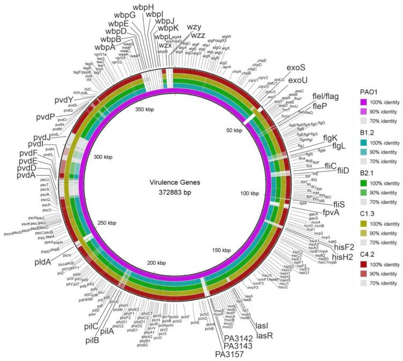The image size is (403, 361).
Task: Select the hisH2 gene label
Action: pos(353,257)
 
